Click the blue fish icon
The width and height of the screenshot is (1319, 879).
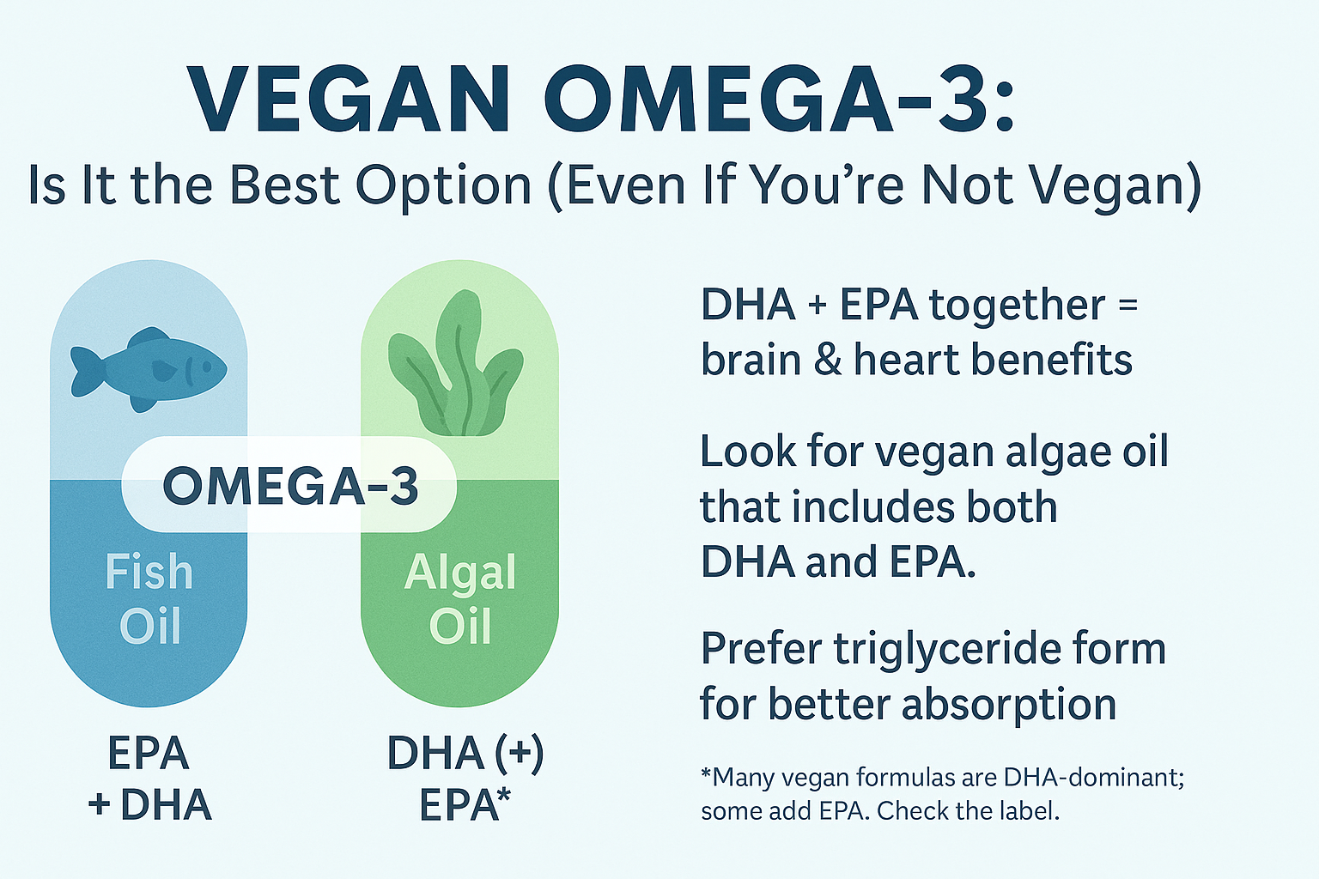tap(149, 370)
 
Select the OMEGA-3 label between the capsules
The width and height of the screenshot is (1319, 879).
tap(290, 486)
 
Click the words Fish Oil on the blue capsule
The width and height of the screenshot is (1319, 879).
tap(149, 599)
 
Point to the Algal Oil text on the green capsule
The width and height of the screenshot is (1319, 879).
tap(460, 599)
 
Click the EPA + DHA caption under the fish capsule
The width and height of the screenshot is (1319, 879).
tap(149, 779)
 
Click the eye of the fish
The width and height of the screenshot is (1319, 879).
tap(207, 367)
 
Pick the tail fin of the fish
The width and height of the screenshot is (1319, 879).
tap(86, 371)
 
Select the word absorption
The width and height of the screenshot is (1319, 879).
tap(1009, 706)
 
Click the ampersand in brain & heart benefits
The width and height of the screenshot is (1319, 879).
tap(828, 360)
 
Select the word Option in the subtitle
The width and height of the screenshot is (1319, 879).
tap(444, 187)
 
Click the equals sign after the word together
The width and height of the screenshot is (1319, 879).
tap(1127, 306)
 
